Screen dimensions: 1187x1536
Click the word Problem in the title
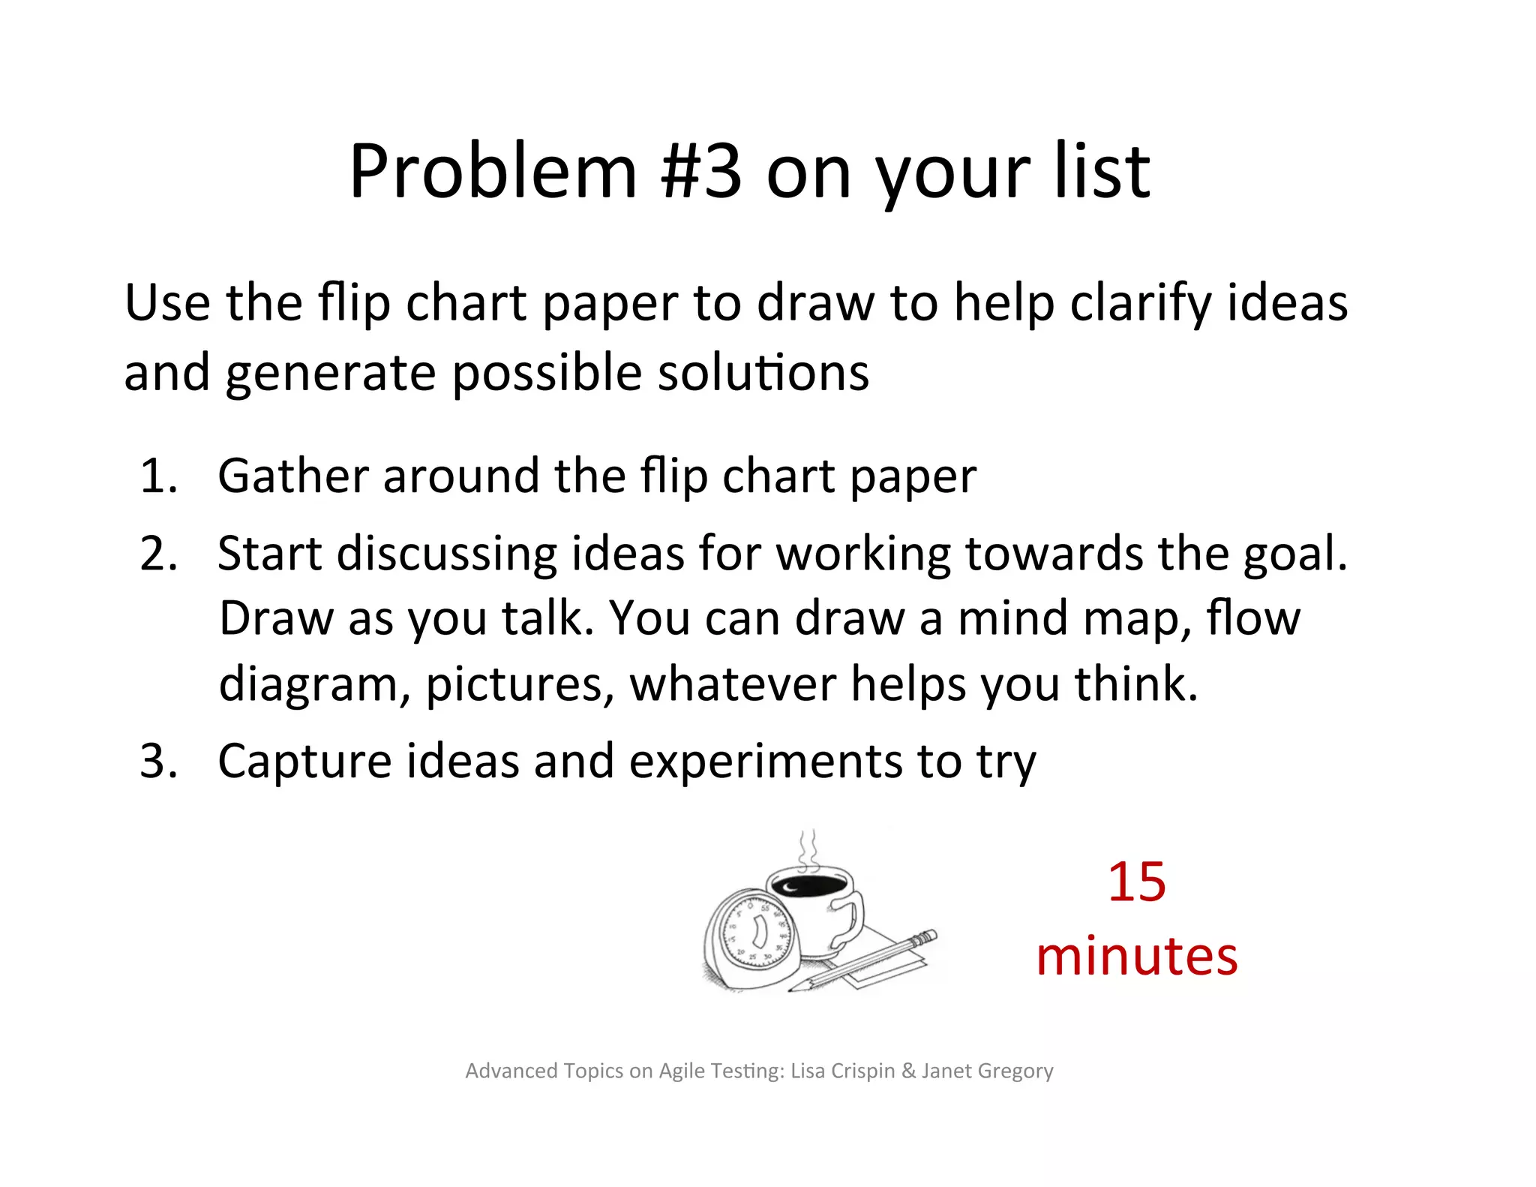(x=493, y=173)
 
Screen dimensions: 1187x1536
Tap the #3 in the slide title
(x=701, y=173)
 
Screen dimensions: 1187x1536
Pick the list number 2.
(x=158, y=554)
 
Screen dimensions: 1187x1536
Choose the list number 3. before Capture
(x=158, y=761)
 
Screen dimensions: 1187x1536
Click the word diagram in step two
(x=313, y=686)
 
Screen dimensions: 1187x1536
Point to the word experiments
(x=765, y=761)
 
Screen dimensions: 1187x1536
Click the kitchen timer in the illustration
(x=750, y=938)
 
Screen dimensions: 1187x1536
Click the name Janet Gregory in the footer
(x=987, y=1071)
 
